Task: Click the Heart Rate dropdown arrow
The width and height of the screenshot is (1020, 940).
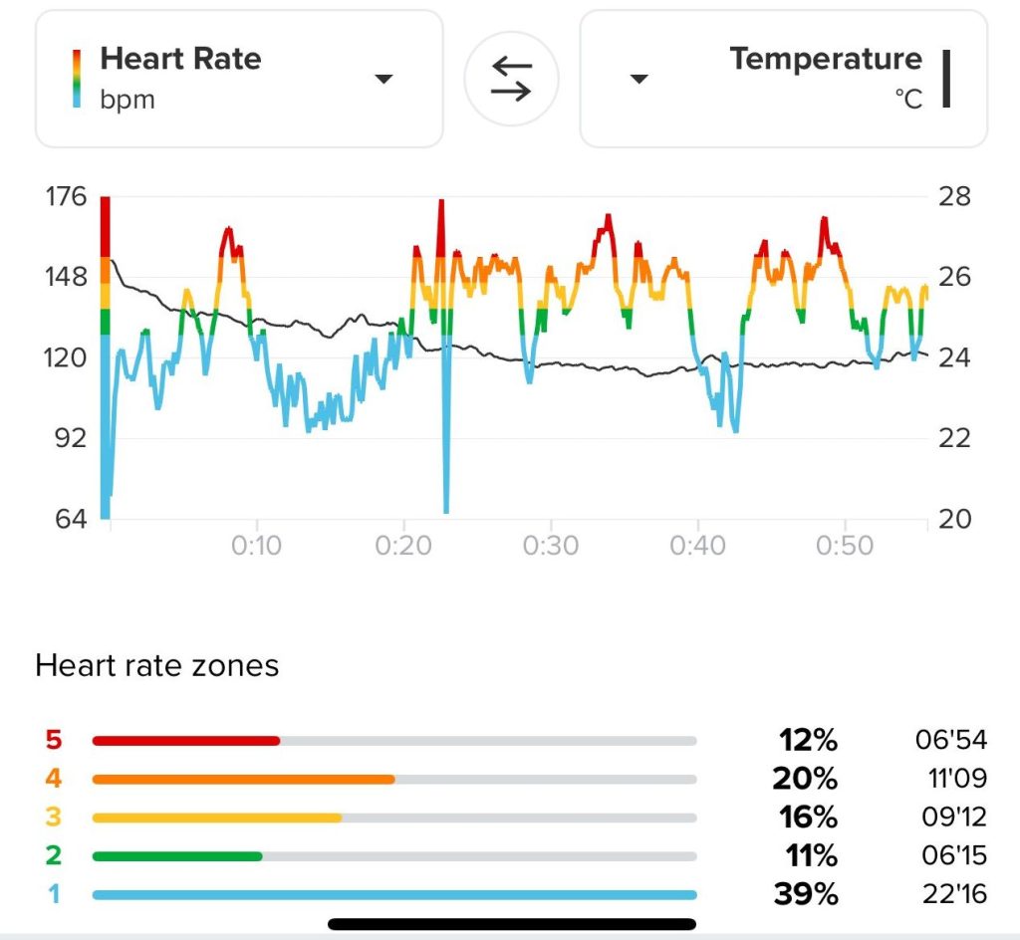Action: tap(384, 80)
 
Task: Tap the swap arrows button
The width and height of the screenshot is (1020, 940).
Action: tap(512, 79)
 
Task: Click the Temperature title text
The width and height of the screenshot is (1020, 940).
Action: tap(826, 59)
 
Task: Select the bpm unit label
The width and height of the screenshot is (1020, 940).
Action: tap(127, 100)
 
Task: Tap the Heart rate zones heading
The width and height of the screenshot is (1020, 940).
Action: tap(156, 666)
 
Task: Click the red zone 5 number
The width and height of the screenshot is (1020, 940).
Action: tap(53, 740)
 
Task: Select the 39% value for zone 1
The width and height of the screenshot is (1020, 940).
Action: tap(806, 894)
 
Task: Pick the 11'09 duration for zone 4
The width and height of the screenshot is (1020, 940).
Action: tap(951, 779)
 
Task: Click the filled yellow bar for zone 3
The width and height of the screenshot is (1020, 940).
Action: tap(217, 818)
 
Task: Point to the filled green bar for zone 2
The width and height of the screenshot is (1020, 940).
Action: tap(177, 855)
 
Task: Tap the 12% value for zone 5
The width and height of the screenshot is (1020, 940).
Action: tap(808, 740)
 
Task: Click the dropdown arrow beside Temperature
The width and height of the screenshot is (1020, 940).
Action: tap(639, 80)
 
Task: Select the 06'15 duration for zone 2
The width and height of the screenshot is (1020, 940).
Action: tap(951, 855)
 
